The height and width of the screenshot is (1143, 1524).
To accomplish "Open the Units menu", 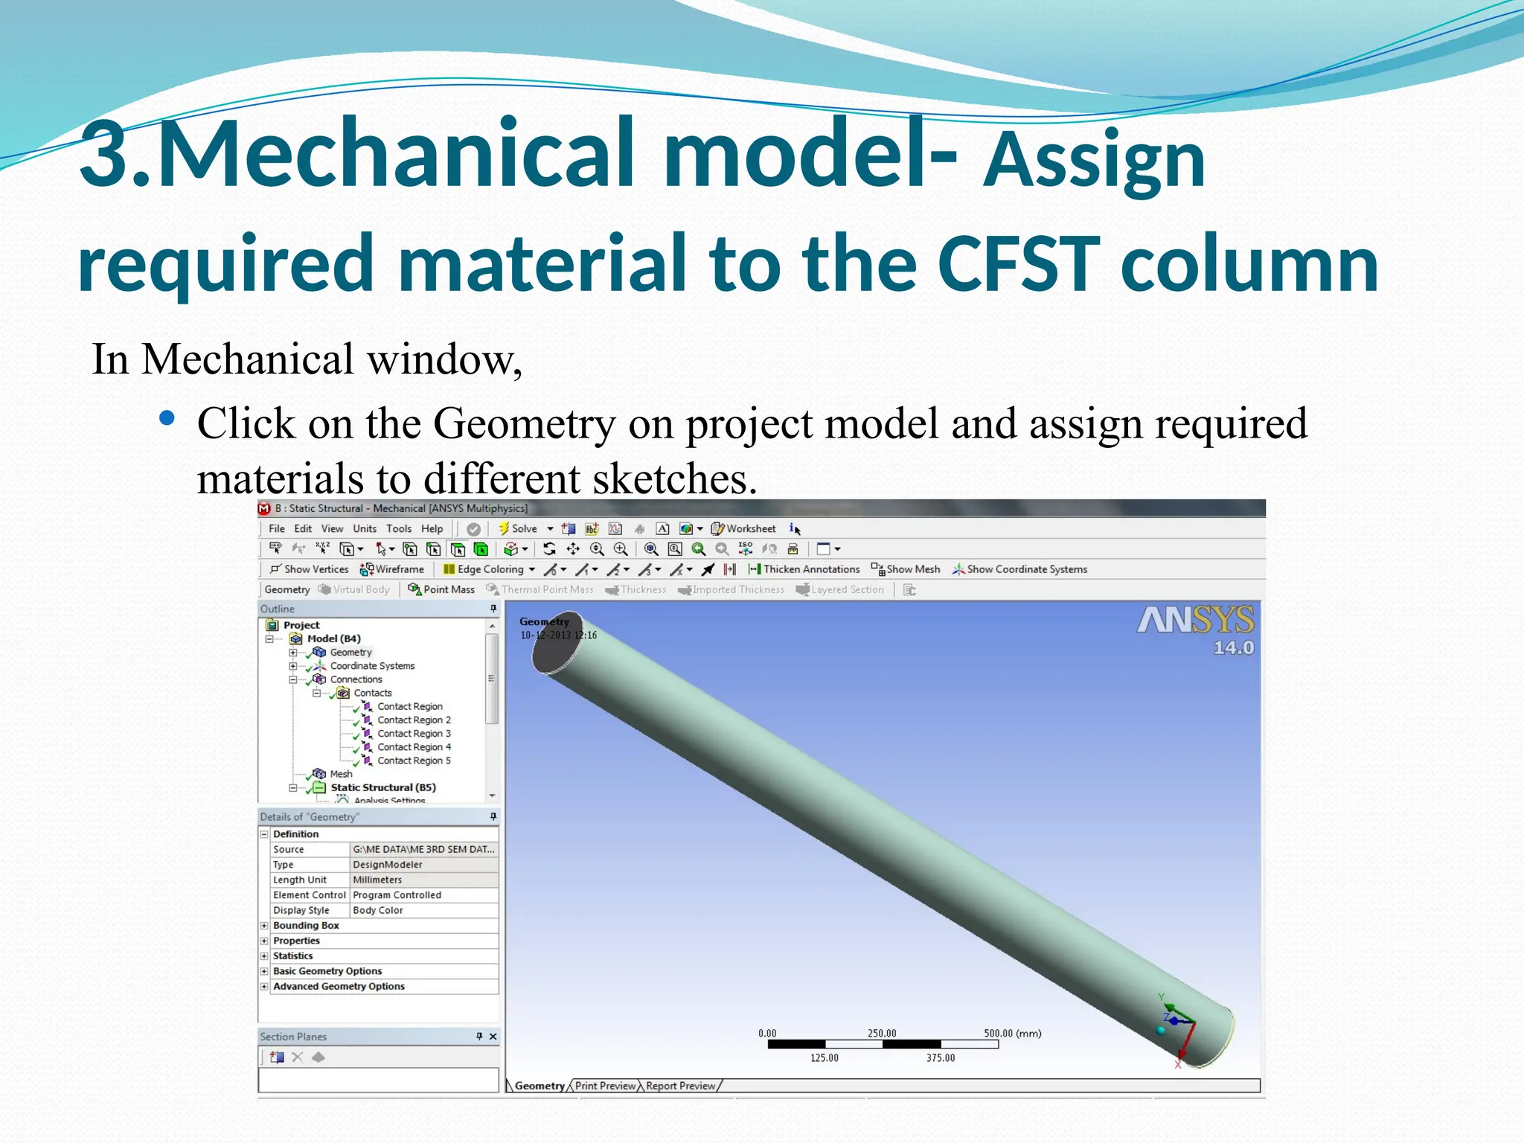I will [x=365, y=528].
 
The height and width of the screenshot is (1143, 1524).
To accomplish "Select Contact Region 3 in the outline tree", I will [x=414, y=734].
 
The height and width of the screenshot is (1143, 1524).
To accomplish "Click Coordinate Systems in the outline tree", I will [x=372, y=666].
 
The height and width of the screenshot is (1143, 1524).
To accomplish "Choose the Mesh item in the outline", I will [x=341, y=774].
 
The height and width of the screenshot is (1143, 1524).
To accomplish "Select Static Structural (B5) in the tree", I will [x=383, y=787].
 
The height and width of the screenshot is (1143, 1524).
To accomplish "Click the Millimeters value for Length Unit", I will [x=377, y=880].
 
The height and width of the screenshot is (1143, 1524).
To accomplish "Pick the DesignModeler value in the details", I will [x=387, y=865].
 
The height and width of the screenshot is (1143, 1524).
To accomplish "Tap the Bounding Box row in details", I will [x=306, y=926].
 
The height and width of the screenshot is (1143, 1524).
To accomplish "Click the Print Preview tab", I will [x=605, y=1086].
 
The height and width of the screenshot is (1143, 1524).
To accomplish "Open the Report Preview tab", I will [x=680, y=1086].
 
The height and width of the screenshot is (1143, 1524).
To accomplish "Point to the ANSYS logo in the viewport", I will [x=1195, y=621].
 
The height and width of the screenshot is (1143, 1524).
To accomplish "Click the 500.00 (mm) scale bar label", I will [x=1012, y=1034].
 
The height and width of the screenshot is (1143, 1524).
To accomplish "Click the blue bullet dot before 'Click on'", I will [x=167, y=419].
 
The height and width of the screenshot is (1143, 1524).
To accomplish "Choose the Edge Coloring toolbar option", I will [x=489, y=569].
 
